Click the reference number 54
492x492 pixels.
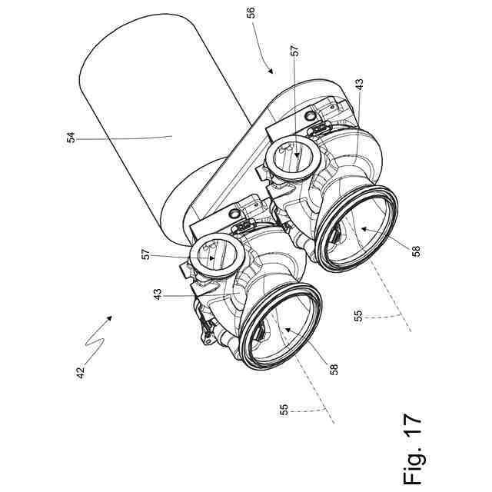point(71,138)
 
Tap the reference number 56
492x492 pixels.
point(251,12)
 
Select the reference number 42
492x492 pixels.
point(81,372)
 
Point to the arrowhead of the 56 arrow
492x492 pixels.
point(270,70)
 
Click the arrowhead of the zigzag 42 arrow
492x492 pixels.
point(109,317)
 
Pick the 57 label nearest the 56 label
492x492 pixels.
point(295,51)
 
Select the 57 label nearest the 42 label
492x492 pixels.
point(146,254)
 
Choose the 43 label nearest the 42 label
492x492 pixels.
point(158,294)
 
